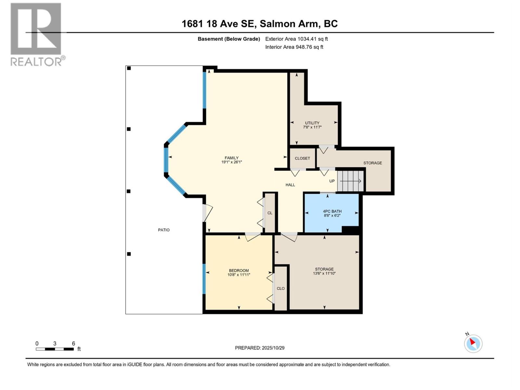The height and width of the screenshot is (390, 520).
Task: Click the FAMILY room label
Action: coord(231,158)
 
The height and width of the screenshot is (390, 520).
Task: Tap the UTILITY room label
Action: coord(312,123)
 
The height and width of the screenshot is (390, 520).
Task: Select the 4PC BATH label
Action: coord(332,211)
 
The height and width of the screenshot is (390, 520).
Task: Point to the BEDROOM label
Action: coord(239,270)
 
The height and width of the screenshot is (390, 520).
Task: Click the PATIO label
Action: coord(164,230)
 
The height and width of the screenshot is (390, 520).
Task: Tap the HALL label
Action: coord(290,185)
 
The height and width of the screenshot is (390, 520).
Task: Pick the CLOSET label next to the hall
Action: coord(302,158)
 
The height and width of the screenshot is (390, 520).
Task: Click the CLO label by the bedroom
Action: coord(280,288)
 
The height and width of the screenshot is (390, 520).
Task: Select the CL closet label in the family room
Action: coord(270,213)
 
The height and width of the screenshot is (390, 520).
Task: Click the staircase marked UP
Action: coord(350,181)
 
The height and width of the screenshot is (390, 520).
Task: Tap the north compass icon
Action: coord(473,343)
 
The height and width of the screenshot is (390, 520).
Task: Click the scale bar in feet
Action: coord(55,349)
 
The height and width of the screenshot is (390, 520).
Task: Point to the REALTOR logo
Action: coord(36,34)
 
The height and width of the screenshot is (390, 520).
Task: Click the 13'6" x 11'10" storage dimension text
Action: coord(324,274)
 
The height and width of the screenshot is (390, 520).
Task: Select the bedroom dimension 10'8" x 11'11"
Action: coord(239,275)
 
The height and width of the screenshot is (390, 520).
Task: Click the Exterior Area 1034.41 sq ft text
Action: coord(296,39)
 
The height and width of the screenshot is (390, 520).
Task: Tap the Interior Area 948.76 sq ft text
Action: coord(294,47)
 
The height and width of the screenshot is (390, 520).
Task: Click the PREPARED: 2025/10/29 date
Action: coord(260,348)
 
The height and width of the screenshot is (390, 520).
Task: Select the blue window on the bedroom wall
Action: coord(204,279)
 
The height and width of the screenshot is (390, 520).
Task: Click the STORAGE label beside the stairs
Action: coord(372,163)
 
